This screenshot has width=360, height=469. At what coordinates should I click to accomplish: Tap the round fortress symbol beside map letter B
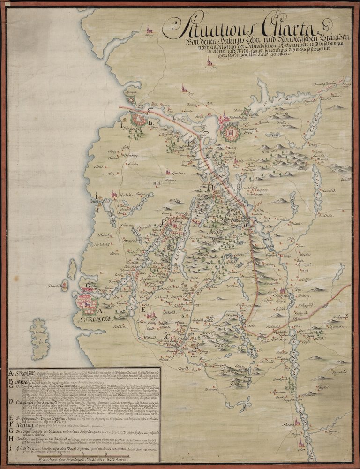pos(139,121)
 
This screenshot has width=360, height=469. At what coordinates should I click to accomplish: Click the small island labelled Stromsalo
pos(64,285)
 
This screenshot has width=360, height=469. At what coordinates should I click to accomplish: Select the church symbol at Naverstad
pos(297,423)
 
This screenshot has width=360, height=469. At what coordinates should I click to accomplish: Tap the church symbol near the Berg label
pos(183,88)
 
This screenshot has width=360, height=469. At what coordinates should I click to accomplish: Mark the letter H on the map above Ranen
pos(210,188)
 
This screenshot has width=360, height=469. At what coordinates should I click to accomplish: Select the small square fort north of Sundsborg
pos(131,99)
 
